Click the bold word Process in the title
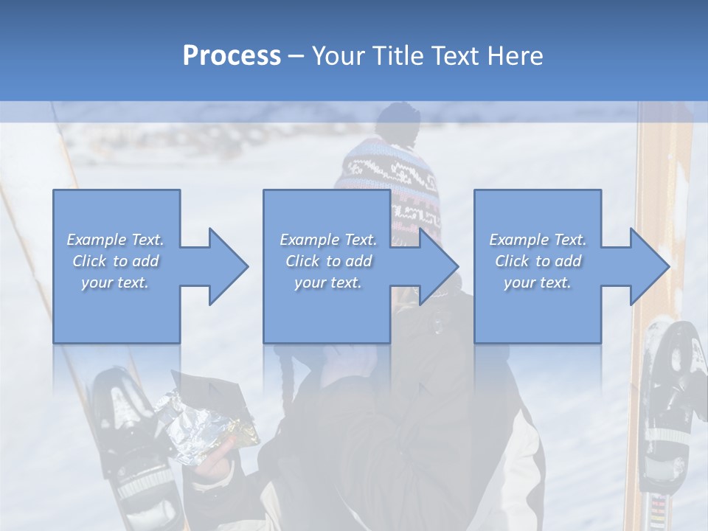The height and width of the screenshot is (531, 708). pos(232,56)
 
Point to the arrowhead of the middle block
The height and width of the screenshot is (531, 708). pos(437,266)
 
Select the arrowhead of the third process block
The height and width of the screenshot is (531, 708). pos(648,266)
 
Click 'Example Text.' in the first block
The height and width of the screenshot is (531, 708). pos(116,240)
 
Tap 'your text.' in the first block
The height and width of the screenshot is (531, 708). pos(116,282)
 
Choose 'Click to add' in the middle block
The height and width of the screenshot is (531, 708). pos(328,261)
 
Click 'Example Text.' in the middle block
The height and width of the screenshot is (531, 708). pos(328,240)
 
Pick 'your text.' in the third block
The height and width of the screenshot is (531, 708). pos(538,282)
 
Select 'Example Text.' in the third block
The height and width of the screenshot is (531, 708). pos(538,240)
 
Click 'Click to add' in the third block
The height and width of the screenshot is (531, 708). pos(538,261)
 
